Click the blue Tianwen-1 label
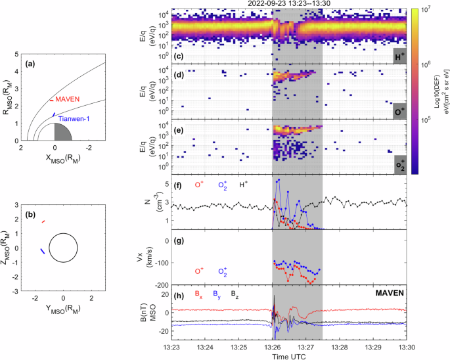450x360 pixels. tap(76, 118)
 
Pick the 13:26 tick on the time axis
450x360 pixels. tap(273, 346)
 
